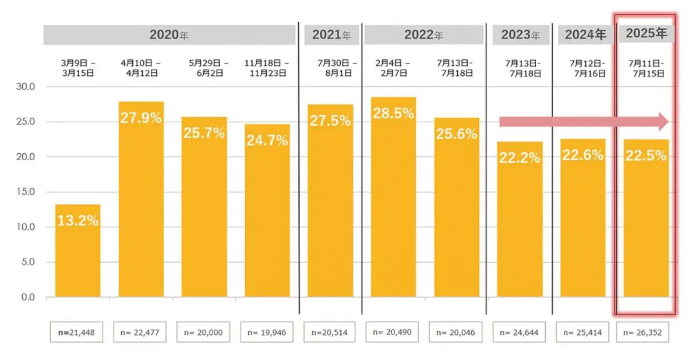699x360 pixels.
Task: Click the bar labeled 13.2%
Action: coord(77,250)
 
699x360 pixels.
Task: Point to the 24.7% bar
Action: coord(267,210)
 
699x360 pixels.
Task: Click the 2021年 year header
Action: coord(331,35)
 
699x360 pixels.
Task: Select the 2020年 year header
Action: coord(169,35)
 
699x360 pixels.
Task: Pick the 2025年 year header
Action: coord(646,34)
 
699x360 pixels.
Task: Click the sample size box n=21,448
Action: coord(77,333)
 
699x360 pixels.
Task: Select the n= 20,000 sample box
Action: coord(204,333)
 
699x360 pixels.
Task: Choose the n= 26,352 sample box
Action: coord(646,333)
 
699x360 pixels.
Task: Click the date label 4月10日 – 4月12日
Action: coord(141,68)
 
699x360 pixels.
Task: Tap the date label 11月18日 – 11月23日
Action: coord(267,68)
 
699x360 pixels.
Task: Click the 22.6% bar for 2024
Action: coord(582,218)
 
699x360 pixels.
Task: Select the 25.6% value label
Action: coord(456,133)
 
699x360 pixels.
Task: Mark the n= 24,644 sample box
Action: coord(520,333)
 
